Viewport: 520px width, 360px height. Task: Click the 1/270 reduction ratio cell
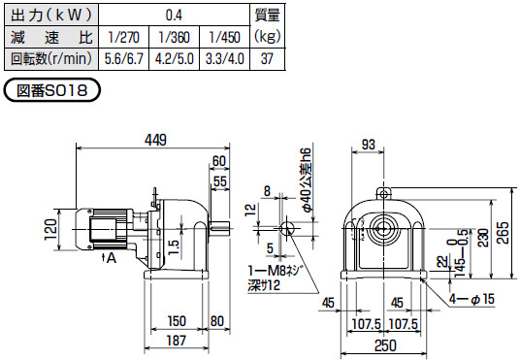tap(124, 37)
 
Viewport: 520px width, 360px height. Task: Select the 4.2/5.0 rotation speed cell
tap(174, 59)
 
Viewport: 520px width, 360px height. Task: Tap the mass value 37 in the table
tap(268, 59)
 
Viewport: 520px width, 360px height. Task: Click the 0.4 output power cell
tap(174, 15)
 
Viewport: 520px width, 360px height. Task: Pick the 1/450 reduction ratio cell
tap(224, 37)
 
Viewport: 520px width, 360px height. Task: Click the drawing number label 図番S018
tap(51, 90)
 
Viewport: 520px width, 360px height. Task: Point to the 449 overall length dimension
tap(155, 140)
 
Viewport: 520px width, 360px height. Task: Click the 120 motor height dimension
tap(51, 230)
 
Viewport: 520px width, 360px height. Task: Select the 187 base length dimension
tap(177, 341)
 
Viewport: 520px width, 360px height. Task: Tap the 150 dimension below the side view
tap(177, 321)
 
